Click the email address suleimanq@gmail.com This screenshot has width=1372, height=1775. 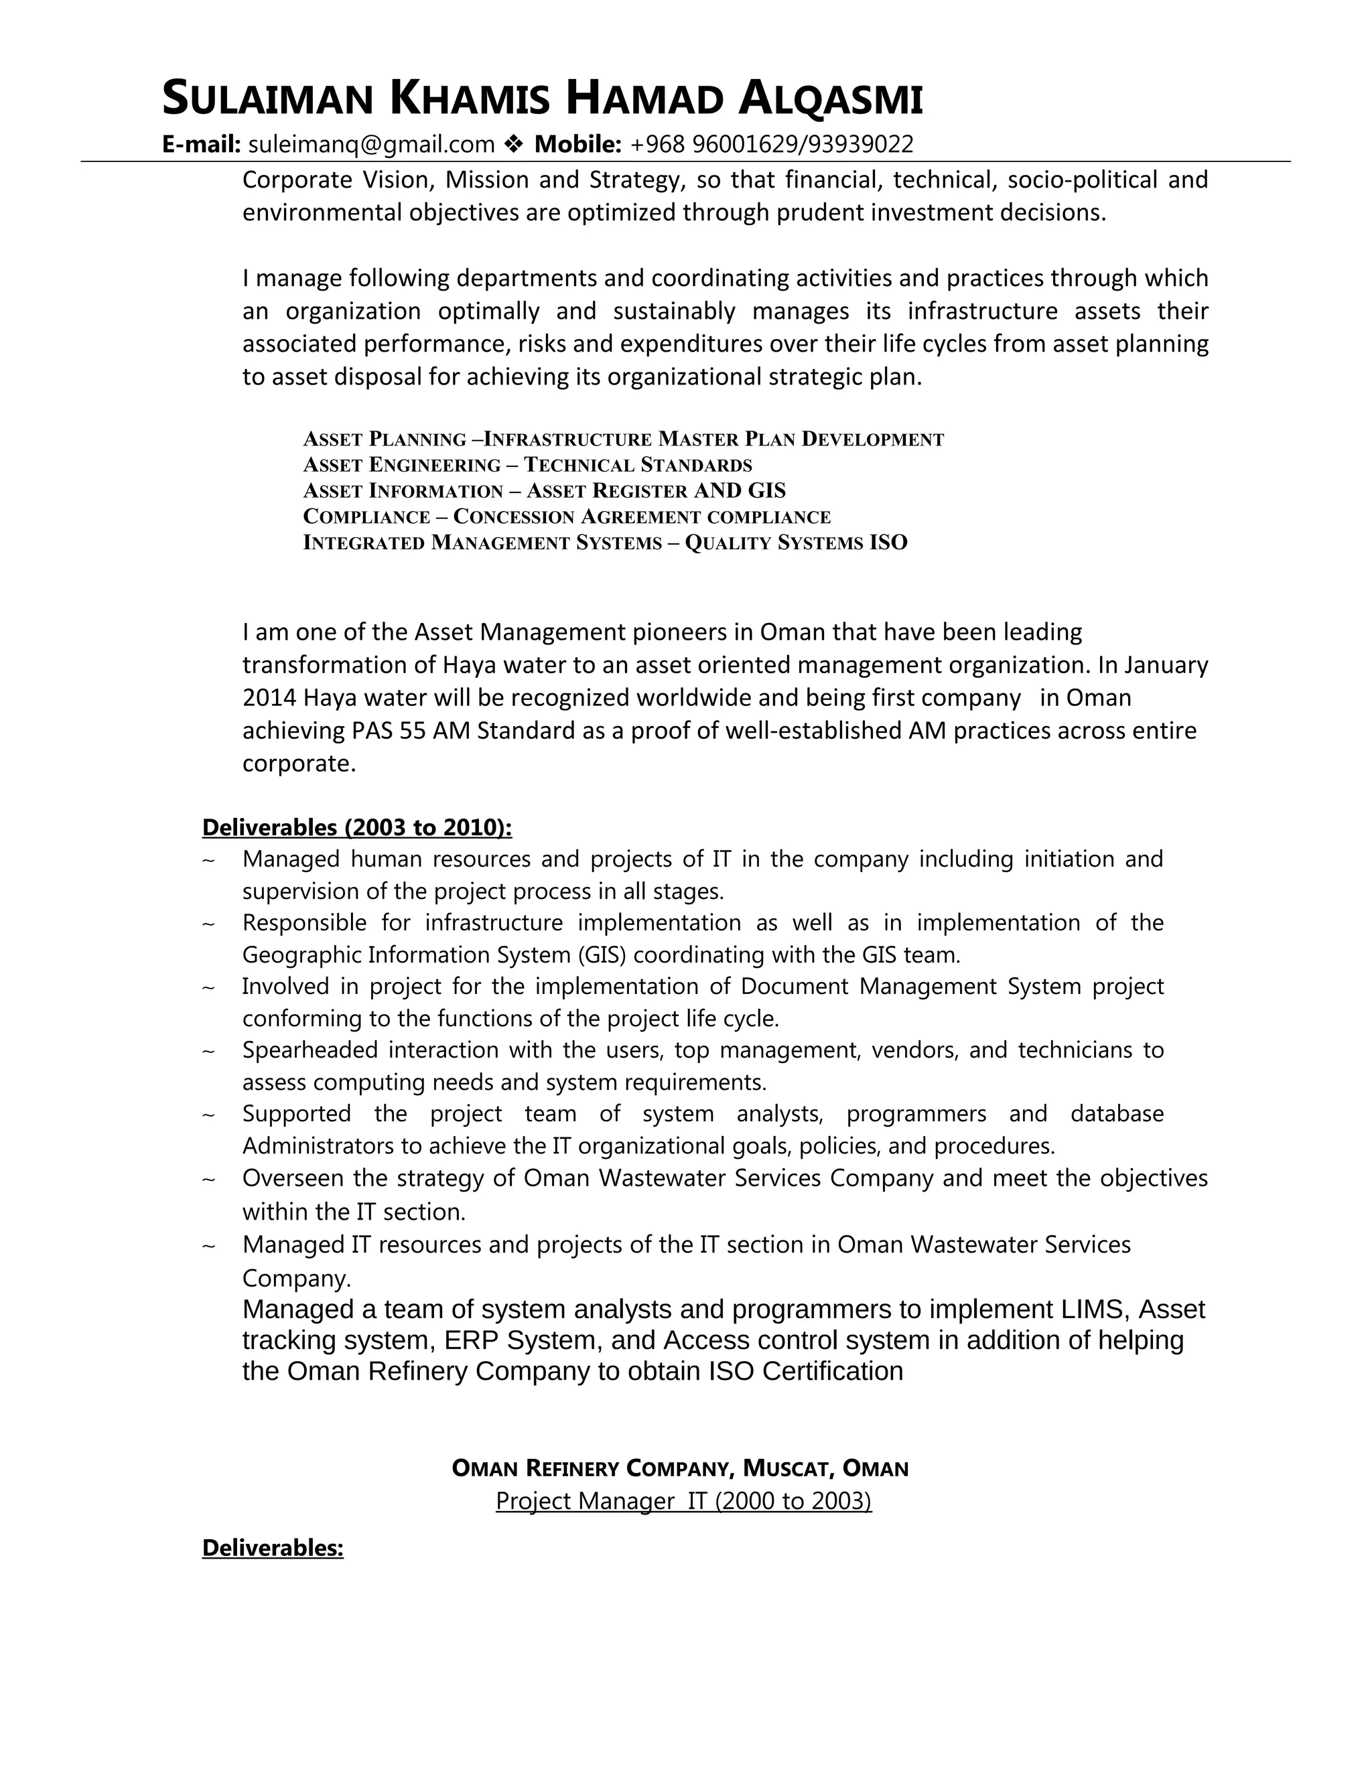click(x=370, y=145)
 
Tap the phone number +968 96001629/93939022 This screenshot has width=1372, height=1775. click(x=771, y=145)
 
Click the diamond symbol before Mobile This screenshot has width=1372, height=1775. click(x=514, y=145)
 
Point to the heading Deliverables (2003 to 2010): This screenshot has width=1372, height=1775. click(x=357, y=827)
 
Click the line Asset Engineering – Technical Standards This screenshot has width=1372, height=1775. click(x=527, y=465)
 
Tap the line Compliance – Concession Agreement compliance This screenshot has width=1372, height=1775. click(x=567, y=517)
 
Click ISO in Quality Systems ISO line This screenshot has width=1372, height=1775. click(x=888, y=543)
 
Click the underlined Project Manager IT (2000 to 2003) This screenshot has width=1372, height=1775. click(x=683, y=1501)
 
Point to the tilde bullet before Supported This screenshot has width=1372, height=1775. click(x=208, y=1115)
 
